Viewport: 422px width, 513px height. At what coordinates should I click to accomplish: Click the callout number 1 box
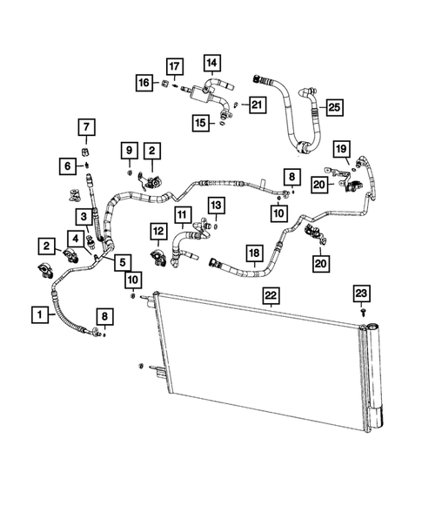(38, 311)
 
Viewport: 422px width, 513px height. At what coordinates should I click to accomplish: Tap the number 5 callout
(121, 260)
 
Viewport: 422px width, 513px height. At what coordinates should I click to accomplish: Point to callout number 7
(87, 129)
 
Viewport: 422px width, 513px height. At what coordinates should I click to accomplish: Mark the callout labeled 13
(215, 204)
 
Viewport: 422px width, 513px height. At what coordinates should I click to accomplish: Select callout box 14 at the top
(211, 62)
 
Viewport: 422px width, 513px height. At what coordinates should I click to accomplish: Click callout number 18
(253, 253)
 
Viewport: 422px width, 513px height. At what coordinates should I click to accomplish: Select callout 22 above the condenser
(271, 297)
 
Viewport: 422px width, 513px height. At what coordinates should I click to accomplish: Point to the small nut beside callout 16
(164, 84)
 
